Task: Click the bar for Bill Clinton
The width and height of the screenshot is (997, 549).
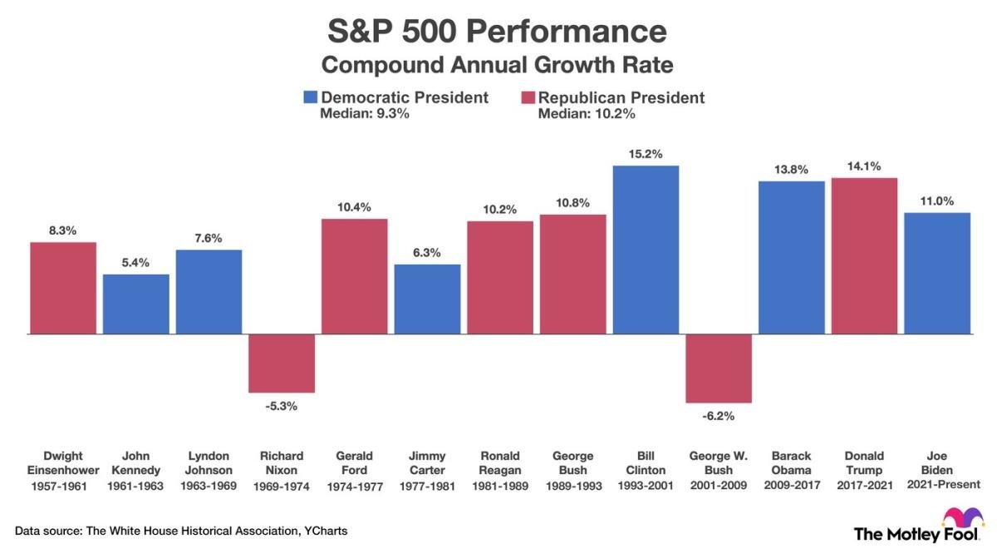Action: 646,250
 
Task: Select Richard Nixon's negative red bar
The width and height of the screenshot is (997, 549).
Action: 282,363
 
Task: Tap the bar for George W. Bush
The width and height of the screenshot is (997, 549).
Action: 719,368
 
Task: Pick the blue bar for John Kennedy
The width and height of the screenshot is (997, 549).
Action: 136,304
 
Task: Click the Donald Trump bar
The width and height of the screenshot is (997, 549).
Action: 864,255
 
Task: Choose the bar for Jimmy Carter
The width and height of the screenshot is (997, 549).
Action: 427,299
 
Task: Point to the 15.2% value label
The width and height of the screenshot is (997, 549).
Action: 646,154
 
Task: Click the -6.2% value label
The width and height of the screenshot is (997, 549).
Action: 719,416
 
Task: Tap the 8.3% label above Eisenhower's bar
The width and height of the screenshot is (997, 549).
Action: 62,230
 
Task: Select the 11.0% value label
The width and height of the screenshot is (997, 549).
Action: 937,200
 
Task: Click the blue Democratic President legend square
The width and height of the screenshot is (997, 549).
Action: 311,97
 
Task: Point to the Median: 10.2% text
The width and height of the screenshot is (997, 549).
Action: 587,114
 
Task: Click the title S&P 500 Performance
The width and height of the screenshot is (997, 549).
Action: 497,32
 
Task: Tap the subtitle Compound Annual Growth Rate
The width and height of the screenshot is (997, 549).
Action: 497,64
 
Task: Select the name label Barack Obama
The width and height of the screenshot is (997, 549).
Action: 792,462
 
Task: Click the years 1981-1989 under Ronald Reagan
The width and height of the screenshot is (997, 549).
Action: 500,486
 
